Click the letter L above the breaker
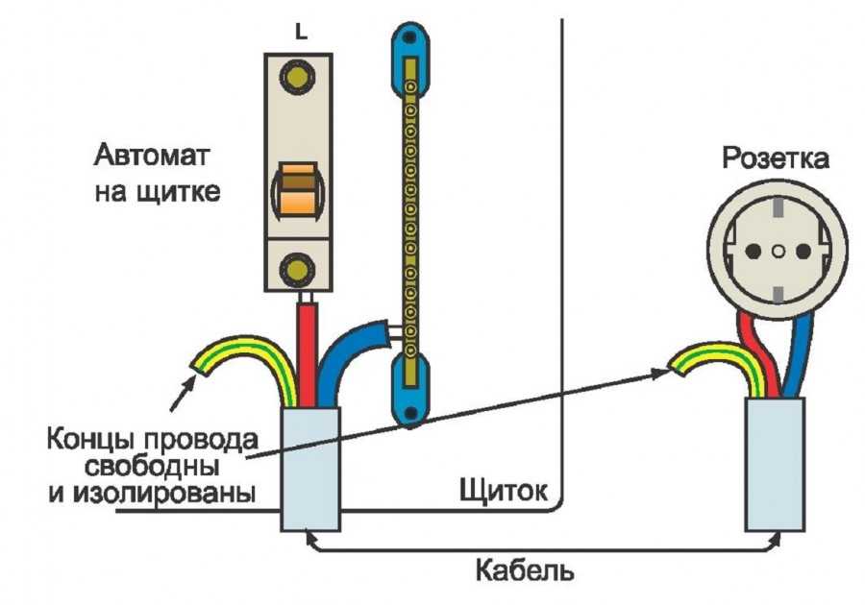[x=301, y=33]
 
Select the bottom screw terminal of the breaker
[x=298, y=269]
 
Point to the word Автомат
[x=151, y=156]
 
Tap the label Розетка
[x=775, y=158]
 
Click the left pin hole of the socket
[x=753, y=252]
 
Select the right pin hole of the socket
[x=803, y=252]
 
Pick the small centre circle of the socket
[x=778, y=252]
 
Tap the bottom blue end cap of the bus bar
[x=409, y=390]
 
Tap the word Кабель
[x=524, y=570]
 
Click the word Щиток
[x=504, y=490]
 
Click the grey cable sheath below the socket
[x=775, y=465]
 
